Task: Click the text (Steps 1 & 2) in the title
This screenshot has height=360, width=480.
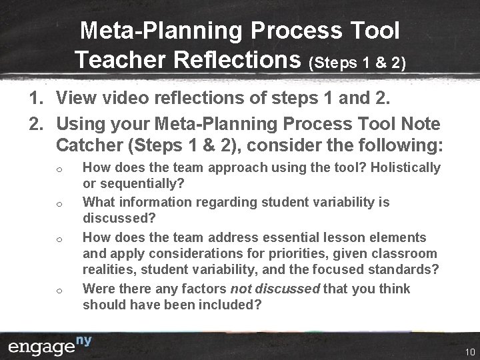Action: click(356, 63)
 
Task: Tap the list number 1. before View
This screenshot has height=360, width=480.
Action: click(36, 99)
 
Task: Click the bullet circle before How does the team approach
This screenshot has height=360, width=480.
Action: click(60, 169)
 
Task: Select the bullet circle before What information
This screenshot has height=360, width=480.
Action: click(60, 204)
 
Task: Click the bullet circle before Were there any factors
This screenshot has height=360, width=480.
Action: click(60, 290)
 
